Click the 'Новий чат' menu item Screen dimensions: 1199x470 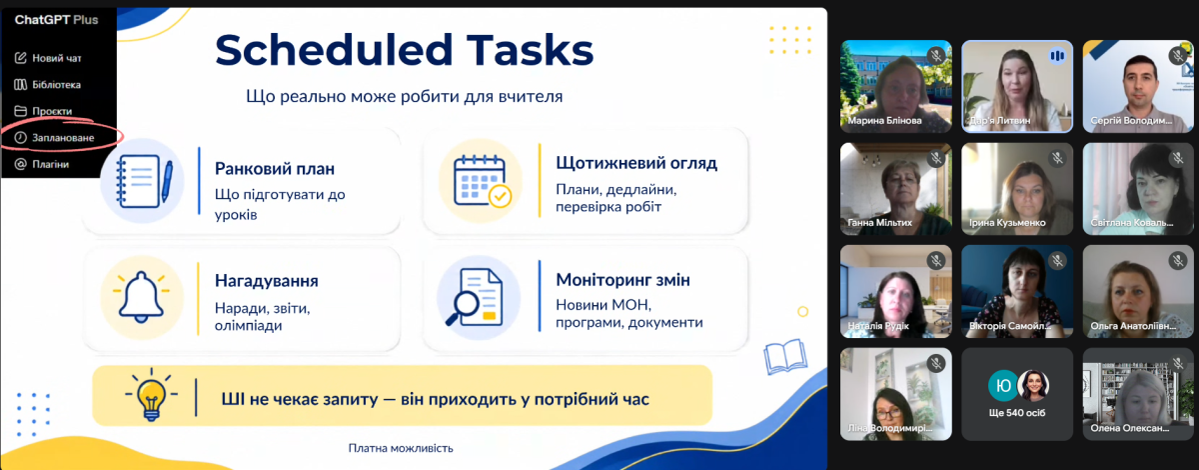pyautogui.click(x=48, y=58)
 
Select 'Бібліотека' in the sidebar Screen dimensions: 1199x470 pyautogui.click(x=48, y=85)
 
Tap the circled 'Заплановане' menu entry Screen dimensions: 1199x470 pyautogui.click(x=55, y=138)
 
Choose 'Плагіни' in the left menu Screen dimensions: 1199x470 pyautogui.click(x=42, y=164)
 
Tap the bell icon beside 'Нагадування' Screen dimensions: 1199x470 pyautogui.click(x=141, y=297)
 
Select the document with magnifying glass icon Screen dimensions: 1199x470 pyautogui.click(x=475, y=297)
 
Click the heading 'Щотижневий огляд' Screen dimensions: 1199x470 pyautogui.click(x=636, y=163)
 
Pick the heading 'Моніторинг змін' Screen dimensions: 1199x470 pyautogui.click(x=623, y=280)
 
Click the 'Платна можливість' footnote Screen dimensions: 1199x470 pyautogui.click(x=401, y=448)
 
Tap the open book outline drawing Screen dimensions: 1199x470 pyautogui.click(x=785, y=356)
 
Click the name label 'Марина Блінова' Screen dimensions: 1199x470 pyautogui.click(x=885, y=121)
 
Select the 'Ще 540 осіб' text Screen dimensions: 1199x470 pyautogui.click(x=1017, y=413)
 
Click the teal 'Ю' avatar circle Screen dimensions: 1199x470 pyautogui.click(x=1002, y=385)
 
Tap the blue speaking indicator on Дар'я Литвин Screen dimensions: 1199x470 pyautogui.click(x=1057, y=56)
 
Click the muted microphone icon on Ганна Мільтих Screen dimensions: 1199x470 pyautogui.click(x=936, y=158)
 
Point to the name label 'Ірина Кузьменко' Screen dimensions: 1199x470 pyautogui.click(x=1007, y=222)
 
